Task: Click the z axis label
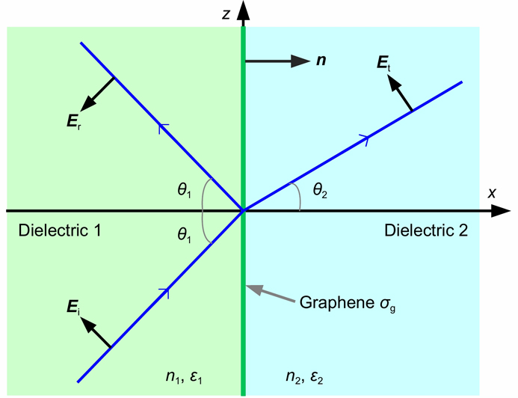tap(226, 14)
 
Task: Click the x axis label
tap(492, 193)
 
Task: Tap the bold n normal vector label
tap(321, 60)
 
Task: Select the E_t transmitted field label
tap(384, 63)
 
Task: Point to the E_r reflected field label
tap(74, 122)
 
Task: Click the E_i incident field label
tap(73, 308)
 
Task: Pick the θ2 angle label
tap(320, 191)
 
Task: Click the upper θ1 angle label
tap(184, 191)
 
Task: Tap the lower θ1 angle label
tap(184, 236)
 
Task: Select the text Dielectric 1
tap(60, 230)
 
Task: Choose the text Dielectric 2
tap(426, 230)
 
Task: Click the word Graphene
tap(336, 302)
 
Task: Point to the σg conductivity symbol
tap(387, 304)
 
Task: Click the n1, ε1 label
tap(184, 377)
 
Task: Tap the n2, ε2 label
tap(304, 377)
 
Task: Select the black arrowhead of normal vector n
tap(300, 61)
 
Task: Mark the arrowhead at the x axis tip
tap(501, 210)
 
